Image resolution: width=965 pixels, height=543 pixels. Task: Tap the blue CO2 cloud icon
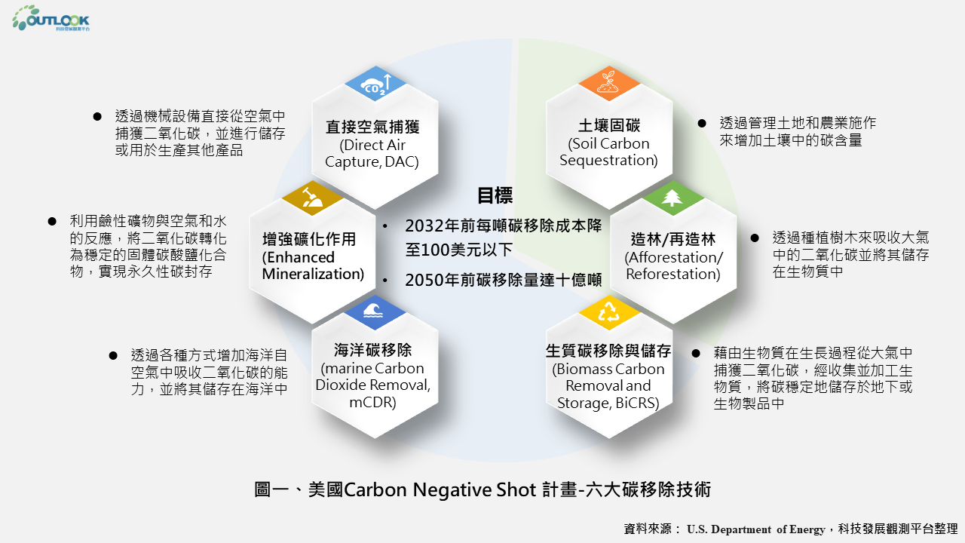pos(375,84)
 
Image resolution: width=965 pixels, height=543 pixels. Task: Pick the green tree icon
pos(672,198)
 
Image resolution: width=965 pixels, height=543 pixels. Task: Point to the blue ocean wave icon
pos(374,311)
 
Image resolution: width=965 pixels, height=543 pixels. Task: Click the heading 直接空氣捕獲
pos(372,127)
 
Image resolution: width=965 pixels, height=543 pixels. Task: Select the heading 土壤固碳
pos(608,126)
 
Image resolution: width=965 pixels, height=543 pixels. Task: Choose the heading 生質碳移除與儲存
pos(608,351)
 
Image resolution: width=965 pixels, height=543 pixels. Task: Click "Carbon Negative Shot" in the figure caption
pos(440,489)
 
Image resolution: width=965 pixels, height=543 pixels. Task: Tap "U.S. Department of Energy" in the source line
pos(755,529)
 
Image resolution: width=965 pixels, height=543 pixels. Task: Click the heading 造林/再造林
pos(672,240)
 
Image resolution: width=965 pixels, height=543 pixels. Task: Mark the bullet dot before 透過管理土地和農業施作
pos(701,122)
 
